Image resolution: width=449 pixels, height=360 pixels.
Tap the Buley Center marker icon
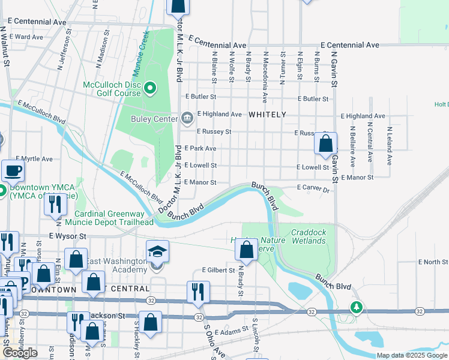click(187, 117)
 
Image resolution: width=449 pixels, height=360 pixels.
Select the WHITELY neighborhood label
click(267, 114)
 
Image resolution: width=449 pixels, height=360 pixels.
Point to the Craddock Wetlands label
click(308, 236)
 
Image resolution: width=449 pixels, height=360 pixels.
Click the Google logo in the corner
click(20, 352)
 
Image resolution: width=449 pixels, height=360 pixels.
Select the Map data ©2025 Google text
click(412, 356)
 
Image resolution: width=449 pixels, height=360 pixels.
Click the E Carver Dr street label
click(315, 189)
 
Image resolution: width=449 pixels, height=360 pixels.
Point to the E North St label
click(432, 262)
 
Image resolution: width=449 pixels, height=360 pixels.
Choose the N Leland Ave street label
click(390, 146)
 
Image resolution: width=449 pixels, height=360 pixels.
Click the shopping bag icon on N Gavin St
click(325, 144)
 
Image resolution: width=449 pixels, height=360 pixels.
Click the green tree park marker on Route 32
click(357, 307)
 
